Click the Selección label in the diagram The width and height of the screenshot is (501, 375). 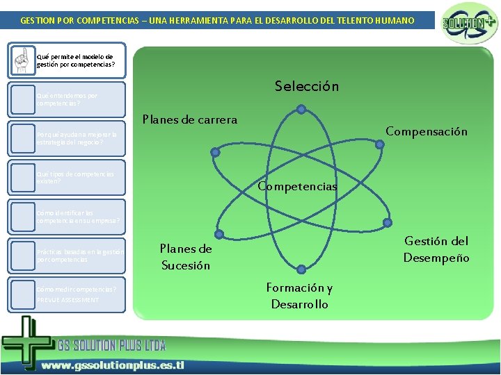306,87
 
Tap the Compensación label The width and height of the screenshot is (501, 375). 427,131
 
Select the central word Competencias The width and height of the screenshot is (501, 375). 297,186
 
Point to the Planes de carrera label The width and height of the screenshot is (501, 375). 190,119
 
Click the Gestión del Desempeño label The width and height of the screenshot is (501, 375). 436,249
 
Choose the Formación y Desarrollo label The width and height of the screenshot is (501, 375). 300,296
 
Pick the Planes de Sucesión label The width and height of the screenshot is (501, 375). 186,257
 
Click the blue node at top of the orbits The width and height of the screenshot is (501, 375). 300,108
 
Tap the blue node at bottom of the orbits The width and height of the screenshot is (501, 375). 300,269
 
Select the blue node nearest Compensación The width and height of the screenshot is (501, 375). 380,144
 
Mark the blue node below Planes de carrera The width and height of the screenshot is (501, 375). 215,151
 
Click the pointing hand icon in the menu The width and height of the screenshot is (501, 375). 24,60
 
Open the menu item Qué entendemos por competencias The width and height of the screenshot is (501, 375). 67,99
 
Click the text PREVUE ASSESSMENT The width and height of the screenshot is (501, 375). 67,300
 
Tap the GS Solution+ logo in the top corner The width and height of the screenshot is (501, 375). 470,23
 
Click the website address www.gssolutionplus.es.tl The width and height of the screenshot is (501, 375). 111,365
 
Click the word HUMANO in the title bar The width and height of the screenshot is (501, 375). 393,21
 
